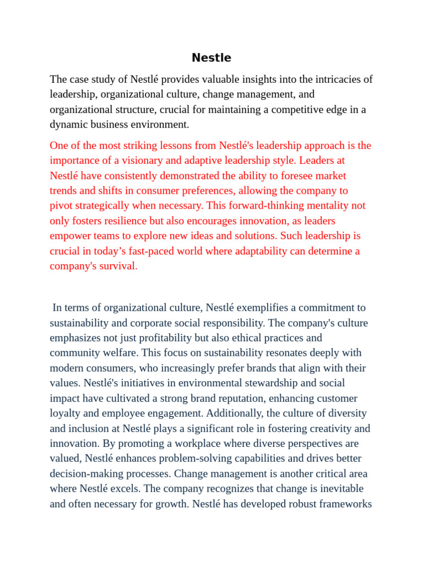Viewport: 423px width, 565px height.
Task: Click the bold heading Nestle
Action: click(211, 58)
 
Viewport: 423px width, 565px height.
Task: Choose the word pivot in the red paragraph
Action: click(61, 206)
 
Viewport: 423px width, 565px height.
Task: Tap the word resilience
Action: click(126, 221)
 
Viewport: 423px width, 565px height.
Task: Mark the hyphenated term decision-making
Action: click(83, 473)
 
